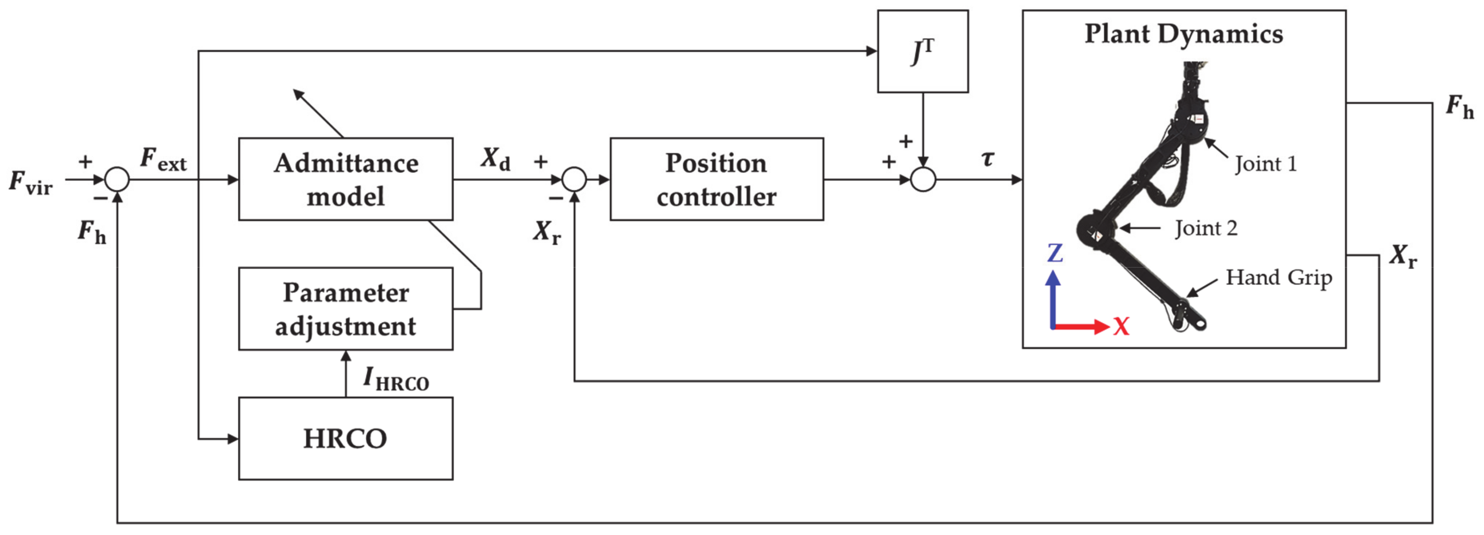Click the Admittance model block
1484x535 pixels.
[x=346, y=179]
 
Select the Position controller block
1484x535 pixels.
[x=716, y=179]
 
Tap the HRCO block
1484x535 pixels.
[x=346, y=438]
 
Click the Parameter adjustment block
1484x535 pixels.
[x=346, y=309]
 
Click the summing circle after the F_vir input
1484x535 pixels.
[x=117, y=179]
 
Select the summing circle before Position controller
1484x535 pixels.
[x=574, y=179]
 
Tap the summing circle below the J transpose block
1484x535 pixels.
[x=923, y=179]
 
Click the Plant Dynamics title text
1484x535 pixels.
[x=1184, y=33]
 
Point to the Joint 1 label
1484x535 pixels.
[x=1265, y=164]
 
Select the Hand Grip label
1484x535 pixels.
[x=1278, y=277]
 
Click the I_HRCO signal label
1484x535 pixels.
[x=396, y=380]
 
